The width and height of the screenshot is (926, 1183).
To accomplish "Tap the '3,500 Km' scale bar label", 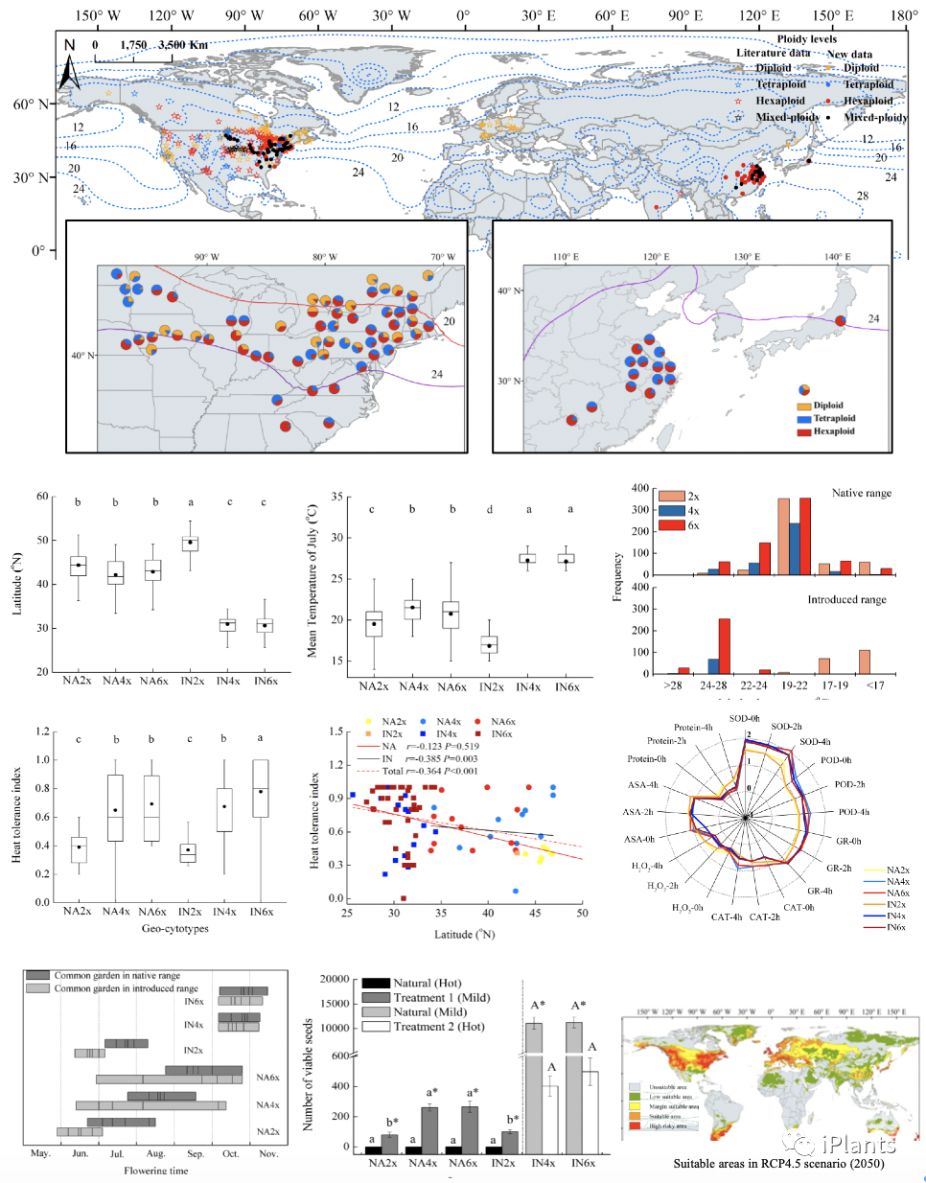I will tap(183, 45).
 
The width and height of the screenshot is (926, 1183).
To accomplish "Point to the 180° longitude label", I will tap(903, 15).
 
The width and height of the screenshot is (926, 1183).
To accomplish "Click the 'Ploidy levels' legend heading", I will tap(806, 39).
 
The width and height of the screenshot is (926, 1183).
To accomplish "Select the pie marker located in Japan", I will tap(841, 321).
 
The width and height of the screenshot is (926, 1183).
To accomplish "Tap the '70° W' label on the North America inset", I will tap(443, 257).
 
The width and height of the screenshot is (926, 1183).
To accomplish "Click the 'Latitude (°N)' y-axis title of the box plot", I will tap(16, 584).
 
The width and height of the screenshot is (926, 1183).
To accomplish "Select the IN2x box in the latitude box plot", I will tap(192, 544).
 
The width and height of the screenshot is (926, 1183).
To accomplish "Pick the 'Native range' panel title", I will tap(861, 493).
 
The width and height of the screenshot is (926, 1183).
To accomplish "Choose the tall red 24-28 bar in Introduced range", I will tap(724, 646).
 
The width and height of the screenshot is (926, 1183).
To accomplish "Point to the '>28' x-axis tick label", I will tap(673, 685).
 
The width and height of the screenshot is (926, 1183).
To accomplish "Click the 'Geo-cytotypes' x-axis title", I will tap(174, 928).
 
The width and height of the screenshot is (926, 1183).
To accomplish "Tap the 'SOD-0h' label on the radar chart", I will tap(744, 718).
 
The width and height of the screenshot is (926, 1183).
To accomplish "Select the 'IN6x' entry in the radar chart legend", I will tap(896, 927).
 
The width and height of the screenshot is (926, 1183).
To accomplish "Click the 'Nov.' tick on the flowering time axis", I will tap(268, 1153).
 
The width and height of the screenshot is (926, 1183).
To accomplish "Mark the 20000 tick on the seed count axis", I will tap(335, 979).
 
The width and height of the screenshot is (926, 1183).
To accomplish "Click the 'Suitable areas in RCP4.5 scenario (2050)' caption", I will tap(778, 1164).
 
